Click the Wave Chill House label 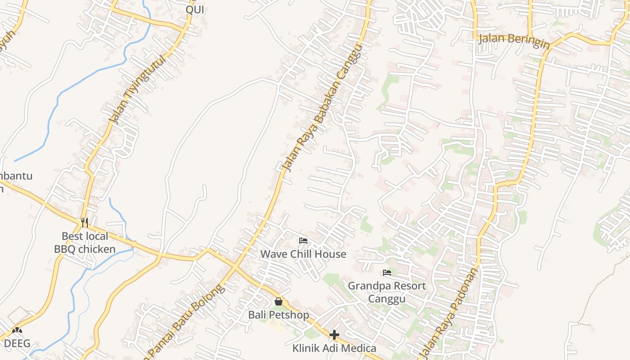303,254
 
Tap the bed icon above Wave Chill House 303,241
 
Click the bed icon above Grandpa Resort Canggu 387,273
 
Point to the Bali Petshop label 279,315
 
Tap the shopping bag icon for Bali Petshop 279,301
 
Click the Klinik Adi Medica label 334,348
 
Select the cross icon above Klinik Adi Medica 334,335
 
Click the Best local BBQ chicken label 85,243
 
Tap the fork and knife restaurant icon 85,222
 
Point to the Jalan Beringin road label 514,40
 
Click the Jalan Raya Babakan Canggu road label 322,108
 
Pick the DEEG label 17,344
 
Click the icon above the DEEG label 17,331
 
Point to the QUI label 195,9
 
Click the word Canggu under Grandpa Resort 387,299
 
